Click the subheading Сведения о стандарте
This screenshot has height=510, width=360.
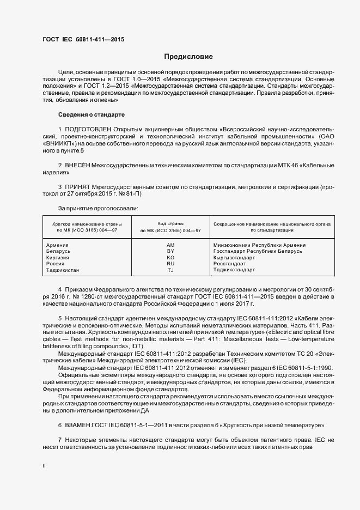[91, 114]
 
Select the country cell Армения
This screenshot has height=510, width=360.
[58, 245]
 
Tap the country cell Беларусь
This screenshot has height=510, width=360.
[59, 251]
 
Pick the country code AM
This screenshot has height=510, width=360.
[170, 245]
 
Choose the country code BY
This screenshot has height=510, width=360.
[170, 251]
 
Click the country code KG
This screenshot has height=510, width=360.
[170, 257]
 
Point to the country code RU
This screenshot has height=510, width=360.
[170, 264]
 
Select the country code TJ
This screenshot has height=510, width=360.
[170, 270]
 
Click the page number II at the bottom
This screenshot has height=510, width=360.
[45, 467]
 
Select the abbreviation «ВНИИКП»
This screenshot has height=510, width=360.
[58, 143]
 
